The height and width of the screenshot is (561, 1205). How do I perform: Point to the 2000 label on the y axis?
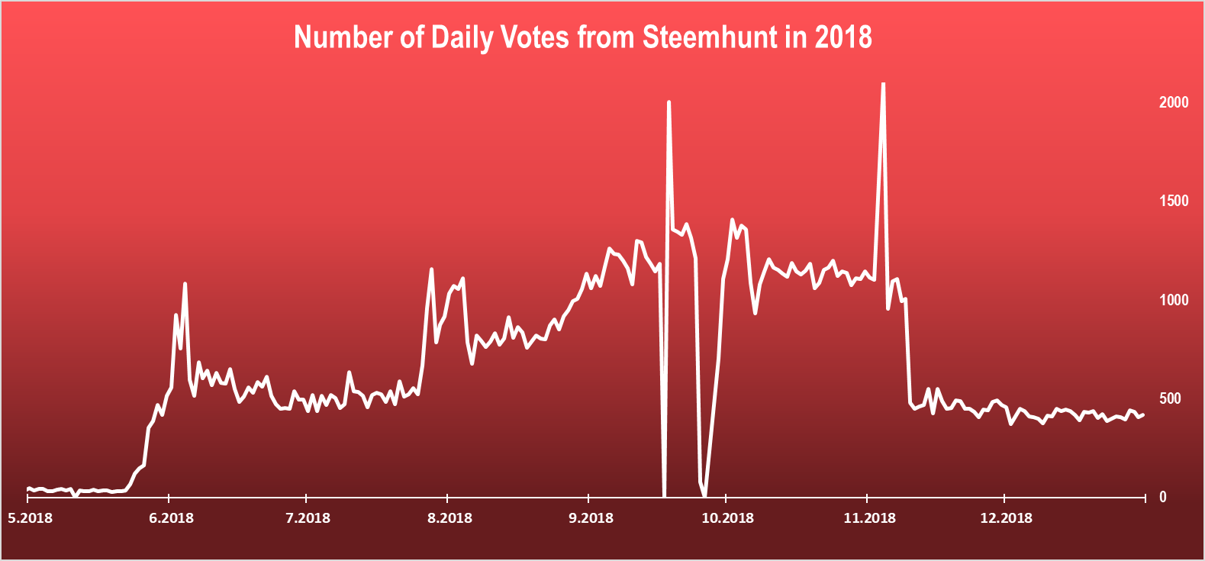(x=1174, y=102)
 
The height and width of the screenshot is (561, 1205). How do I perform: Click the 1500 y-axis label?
(x=1174, y=201)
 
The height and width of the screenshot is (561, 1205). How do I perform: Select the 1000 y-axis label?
(x=1174, y=300)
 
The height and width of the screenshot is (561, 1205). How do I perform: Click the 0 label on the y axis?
(x=1163, y=497)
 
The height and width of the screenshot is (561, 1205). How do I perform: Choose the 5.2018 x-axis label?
(x=31, y=518)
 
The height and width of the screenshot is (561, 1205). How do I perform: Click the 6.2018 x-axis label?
(x=171, y=518)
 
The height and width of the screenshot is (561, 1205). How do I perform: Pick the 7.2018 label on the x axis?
(x=308, y=518)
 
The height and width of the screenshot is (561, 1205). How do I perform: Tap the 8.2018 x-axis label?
(x=449, y=518)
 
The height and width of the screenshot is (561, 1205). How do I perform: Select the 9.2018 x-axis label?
(x=591, y=518)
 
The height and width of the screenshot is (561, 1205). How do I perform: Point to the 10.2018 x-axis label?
(x=727, y=518)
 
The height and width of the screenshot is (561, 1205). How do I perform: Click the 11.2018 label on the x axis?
(x=869, y=518)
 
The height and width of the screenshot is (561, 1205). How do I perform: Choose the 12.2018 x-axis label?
(x=1006, y=518)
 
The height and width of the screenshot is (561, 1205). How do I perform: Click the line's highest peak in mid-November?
(x=883, y=84)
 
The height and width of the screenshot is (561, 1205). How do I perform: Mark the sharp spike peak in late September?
(x=669, y=102)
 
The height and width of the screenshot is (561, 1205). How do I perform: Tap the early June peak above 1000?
(x=185, y=284)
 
